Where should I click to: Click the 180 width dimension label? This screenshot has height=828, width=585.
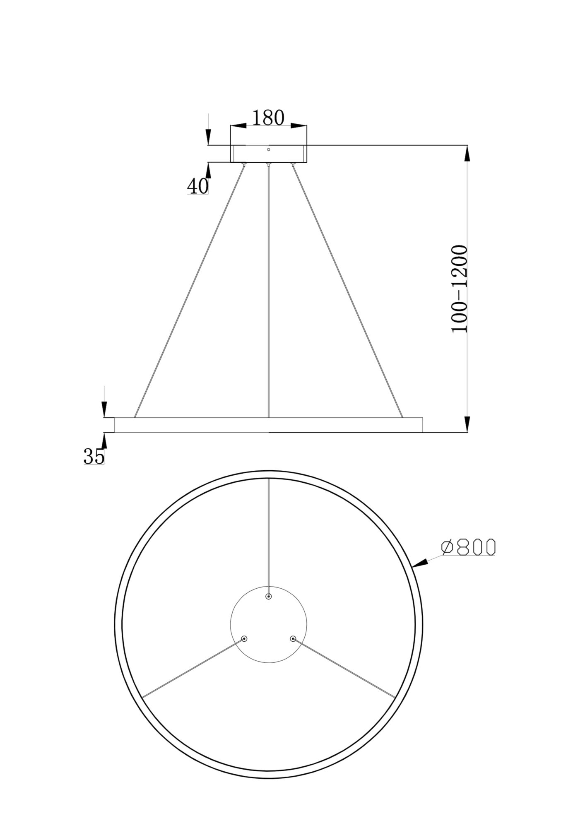(268, 118)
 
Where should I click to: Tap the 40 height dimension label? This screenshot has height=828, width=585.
(198, 186)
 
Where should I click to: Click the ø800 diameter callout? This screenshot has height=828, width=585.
(468, 547)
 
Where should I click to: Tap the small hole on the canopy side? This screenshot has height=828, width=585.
(268, 149)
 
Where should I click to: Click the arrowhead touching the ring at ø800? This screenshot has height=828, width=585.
(420, 563)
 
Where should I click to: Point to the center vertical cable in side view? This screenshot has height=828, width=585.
(269, 290)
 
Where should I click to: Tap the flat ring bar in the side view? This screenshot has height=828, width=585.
(268, 425)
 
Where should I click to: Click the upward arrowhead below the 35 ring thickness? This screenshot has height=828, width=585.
(104, 441)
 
